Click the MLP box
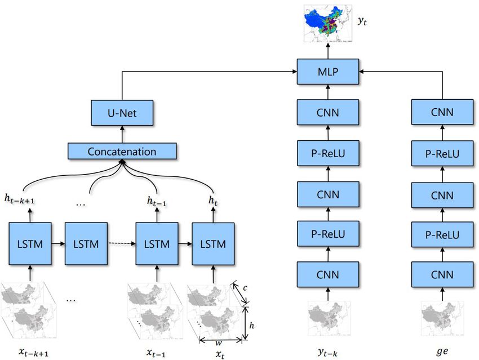click(328, 72)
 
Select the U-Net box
click(121, 113)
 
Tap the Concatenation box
click(122, 152)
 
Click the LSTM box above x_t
click(213, 244)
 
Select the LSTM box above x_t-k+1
click(30, 244)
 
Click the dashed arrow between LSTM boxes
click(122, 244)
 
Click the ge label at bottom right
click(443, 350)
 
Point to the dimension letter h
click(251, 325)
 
